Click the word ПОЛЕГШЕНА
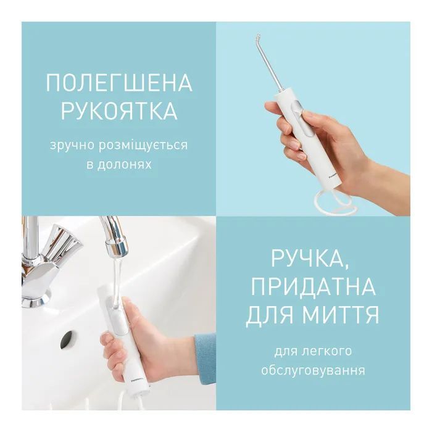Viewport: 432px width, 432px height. pos(119,83)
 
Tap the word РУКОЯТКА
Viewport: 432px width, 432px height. pos(119,110)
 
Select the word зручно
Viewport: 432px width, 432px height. pos(72,146)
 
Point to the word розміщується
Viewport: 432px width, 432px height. pos(144,146)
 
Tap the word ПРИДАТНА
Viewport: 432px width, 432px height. pos(314,286)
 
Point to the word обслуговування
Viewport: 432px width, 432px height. pos(314,370)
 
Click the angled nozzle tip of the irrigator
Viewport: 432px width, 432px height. pos(257,36)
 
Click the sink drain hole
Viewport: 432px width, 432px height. pos(67,339)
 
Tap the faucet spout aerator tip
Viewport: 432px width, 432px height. pos(117,247)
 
